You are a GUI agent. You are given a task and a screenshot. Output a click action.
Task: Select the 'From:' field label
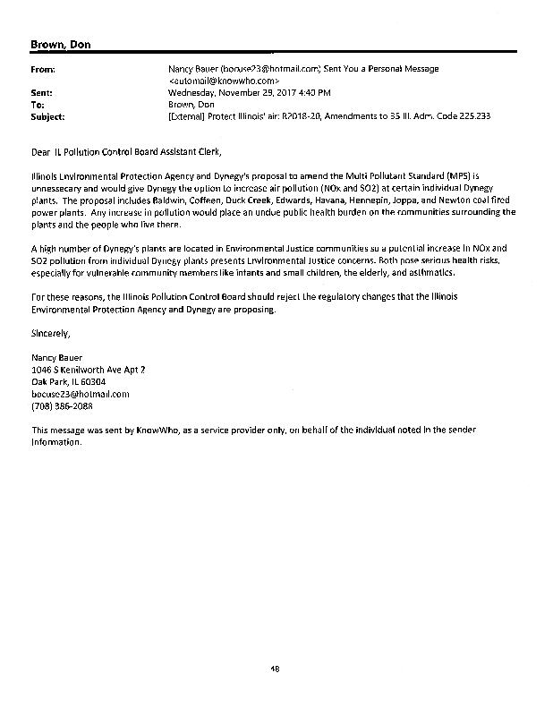tap(45, 68)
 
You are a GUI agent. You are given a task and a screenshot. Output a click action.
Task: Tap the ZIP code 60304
tap(93, 381)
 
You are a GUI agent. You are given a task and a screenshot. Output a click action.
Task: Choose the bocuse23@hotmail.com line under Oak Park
tap(81, 394)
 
